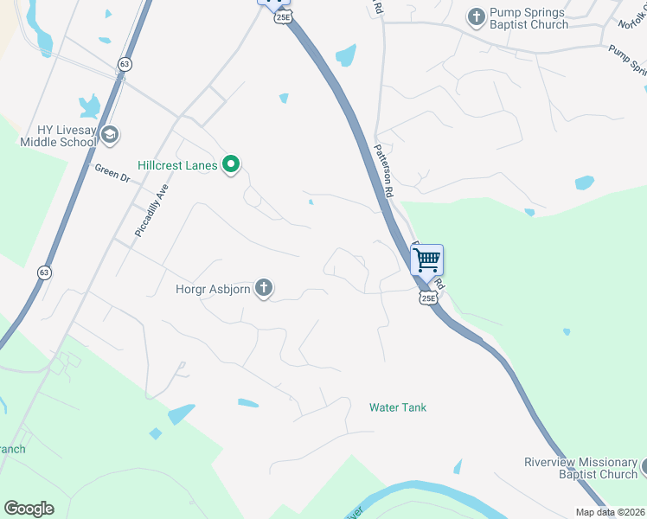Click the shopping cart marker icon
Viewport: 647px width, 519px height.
[x=426, y=259]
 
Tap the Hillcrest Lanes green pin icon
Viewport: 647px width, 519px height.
[x=231, y=163]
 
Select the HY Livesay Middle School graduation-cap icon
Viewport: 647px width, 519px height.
[x=110, y=134]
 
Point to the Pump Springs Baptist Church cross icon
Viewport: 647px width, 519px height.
[x=476, y=16]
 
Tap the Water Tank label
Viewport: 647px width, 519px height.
[x=398, y=407]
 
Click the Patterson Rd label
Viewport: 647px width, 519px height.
[x=384, y=170]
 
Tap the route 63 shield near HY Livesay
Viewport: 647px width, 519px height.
[x=125, y=64]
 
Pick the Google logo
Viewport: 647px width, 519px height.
[x=29, y=508]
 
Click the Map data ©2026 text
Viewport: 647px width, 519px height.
[x=609, y=512]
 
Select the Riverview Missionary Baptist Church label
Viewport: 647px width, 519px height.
[x=580, y=468]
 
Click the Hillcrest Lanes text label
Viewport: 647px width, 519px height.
[x=177, y=163]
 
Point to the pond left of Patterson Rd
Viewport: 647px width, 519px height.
[x=346, y=55]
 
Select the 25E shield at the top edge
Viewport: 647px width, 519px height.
[x=282, y=16]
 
